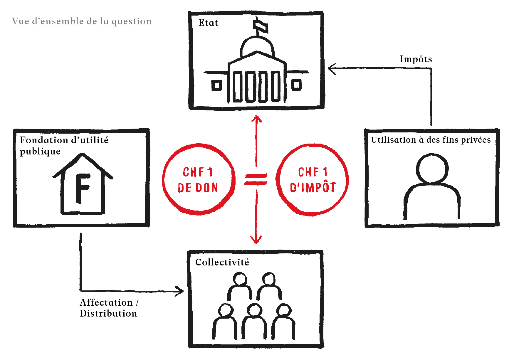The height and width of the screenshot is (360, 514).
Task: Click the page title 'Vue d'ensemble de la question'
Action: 82,21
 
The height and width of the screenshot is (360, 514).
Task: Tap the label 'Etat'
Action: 208,23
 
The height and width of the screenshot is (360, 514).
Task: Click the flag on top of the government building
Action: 261,26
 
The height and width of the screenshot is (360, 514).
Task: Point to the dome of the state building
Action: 258,46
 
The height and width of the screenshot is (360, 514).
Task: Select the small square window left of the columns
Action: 217,85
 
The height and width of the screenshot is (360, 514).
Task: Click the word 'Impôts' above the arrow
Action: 416,59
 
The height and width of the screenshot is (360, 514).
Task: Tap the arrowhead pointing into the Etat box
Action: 332,69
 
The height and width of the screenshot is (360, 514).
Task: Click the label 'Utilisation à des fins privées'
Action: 431,140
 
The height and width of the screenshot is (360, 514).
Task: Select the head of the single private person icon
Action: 432,168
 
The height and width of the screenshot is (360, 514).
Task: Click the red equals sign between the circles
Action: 256,179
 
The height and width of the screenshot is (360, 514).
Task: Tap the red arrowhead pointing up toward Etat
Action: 257,118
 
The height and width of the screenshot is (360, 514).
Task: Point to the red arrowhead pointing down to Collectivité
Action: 256,239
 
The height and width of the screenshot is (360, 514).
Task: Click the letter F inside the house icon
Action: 82,188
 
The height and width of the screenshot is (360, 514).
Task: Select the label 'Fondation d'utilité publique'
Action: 64,146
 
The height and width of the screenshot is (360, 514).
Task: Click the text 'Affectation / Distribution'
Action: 109,308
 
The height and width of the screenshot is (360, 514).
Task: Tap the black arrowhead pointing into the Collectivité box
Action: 180,291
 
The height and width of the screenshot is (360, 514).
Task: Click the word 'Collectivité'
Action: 222,262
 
